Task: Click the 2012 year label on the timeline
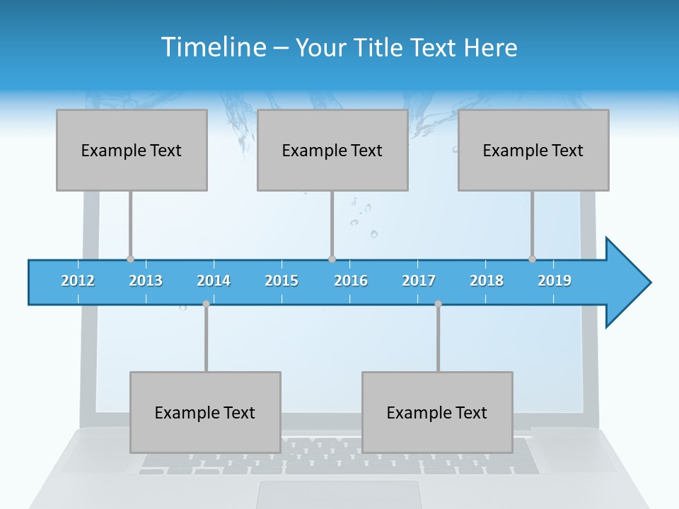78,281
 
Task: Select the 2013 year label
146,281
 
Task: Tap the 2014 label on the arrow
214,281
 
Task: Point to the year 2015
282,281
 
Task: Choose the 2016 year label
351,281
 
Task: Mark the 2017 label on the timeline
419,281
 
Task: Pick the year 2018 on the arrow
487,281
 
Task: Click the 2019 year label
555,281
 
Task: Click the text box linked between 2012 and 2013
132,150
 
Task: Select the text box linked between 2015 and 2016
332,150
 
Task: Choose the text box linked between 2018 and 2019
533,150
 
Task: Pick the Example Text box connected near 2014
205,412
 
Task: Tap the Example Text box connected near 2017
437,412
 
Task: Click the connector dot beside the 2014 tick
206,303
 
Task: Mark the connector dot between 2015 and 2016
332,259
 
